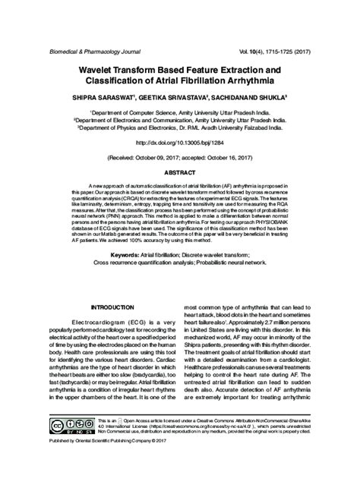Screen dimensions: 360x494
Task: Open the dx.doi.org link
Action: [x=179, y=142]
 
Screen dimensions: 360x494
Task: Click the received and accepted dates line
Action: [x=179, y=159]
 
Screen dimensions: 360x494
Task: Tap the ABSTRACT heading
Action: [x=179, y=174]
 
